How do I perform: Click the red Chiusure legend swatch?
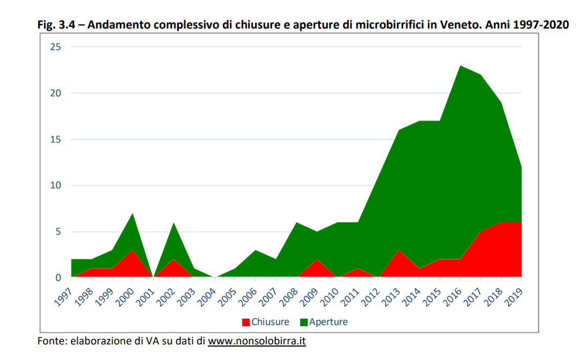[x=246, y=322]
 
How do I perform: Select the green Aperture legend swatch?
[x=303, y=322]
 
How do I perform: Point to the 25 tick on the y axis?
[x=56, y=47]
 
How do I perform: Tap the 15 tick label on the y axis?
[x=56, y=140]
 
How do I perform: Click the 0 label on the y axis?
[x=59, y=278]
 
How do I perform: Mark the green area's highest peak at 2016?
[x=460, y=66]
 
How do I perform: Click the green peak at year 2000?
[x=132, y=213]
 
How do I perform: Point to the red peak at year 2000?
[x=132, y=250]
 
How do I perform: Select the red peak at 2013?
[x=399, y=250]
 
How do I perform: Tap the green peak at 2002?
[x=173, y=222]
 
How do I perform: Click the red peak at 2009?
[x=317, y=260]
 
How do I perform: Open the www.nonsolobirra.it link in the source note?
[x=257, y=341]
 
